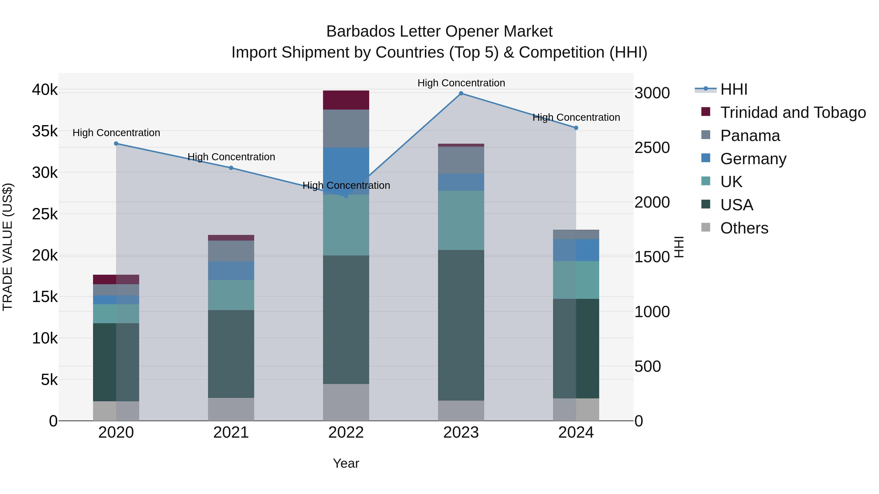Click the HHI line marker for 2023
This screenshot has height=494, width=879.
(461, 93)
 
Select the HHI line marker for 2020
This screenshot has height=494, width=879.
(116, 143)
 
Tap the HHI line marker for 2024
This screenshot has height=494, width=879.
(576, 128)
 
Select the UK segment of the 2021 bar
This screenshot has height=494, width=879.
(231, 295)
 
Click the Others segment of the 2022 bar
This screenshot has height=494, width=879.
(346, 402)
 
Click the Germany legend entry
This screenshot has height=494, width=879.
(753, 159)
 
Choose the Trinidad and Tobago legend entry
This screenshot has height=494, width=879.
(793, 112)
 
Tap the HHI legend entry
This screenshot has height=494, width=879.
(734, 89)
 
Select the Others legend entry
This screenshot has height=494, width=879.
(744, 228)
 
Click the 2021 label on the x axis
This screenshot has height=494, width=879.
(231, 433)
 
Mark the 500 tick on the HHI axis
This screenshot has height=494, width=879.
(648, 366)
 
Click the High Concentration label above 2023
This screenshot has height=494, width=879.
(461, 83)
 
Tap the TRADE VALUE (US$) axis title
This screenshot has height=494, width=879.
(8, 247)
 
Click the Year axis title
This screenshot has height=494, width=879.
(346, 463)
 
